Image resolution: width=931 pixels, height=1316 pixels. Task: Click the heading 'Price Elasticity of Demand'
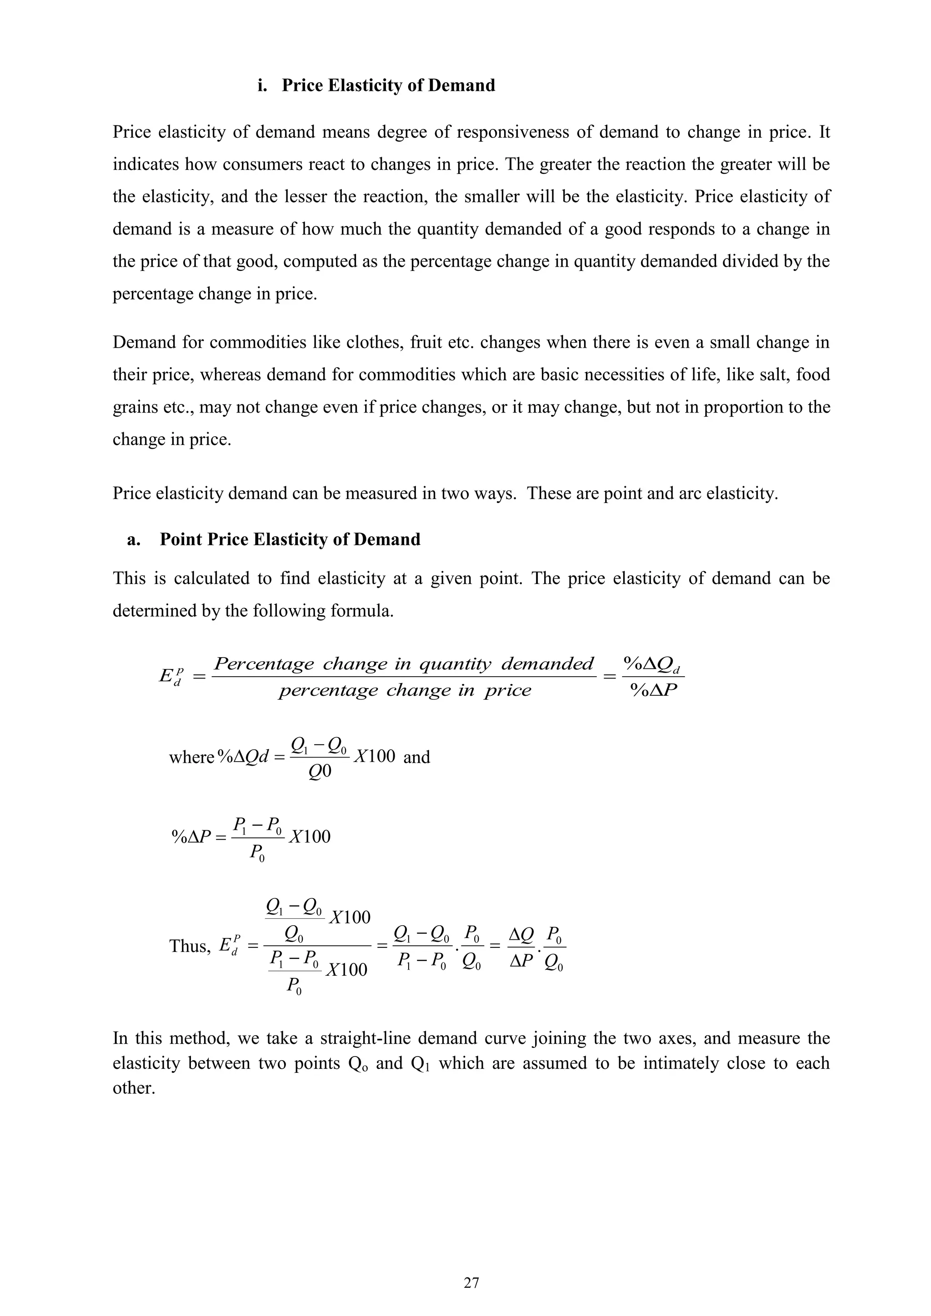point(388,85)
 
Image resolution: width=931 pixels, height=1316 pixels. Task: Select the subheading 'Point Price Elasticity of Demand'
point(290,539)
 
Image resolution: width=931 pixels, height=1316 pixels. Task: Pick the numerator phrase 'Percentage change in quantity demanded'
point(404,664)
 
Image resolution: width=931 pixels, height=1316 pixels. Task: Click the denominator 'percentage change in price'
point(405,690)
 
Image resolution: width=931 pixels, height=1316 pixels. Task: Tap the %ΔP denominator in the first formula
point(654,690)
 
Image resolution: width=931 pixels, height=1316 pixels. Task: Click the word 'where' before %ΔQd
point(191,757)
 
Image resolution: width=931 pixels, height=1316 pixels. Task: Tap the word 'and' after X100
point(417,757)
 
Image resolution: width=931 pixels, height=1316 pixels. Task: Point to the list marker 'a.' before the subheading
point(134,539)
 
